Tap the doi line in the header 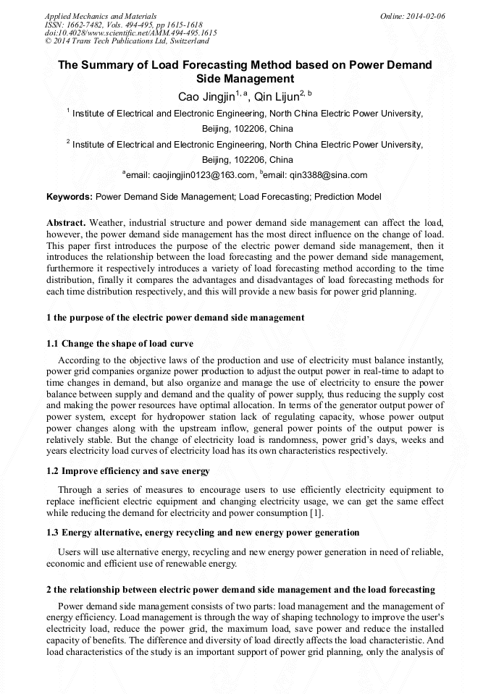130,33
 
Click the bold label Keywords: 70,197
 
